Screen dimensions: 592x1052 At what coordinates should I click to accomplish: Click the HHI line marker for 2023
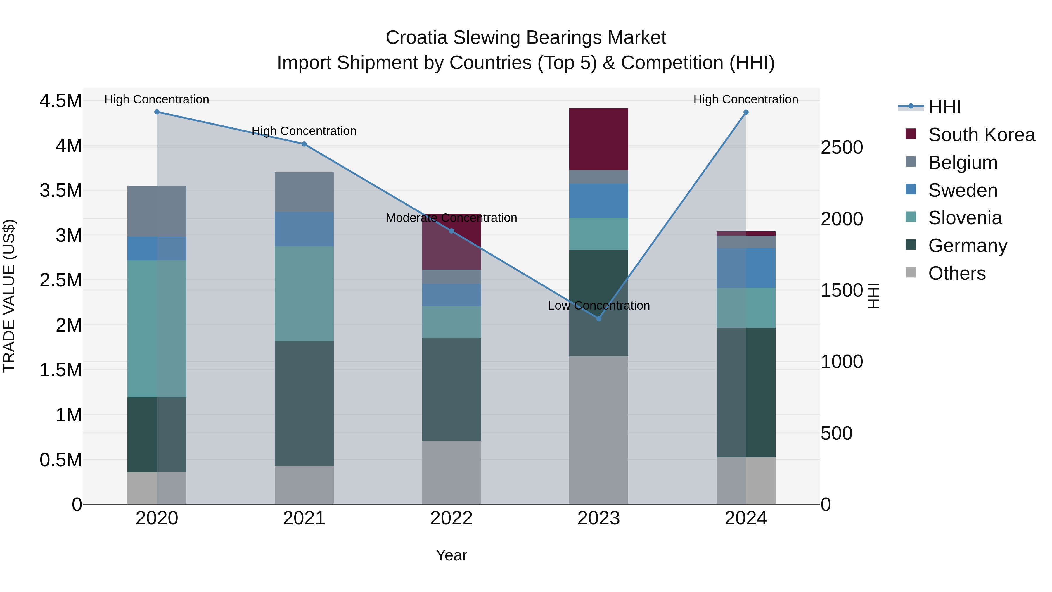pos(599,318)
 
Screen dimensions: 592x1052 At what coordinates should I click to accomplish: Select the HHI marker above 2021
pos(304,144)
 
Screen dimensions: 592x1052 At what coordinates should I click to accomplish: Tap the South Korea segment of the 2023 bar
pos(599,139)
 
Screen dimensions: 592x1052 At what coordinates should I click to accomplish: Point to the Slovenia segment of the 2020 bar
pos(157,329)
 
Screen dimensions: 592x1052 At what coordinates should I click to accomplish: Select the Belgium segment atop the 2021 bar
pos(304,192)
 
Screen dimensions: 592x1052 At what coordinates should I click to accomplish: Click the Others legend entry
pos(956,273)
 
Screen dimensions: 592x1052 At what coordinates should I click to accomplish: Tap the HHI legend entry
pos(944,107)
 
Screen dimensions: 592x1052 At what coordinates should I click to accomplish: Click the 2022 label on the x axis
pos(451,518)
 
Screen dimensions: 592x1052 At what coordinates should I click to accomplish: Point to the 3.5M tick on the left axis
pos(60,190)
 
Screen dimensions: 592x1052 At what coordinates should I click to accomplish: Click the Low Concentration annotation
pos(599,305)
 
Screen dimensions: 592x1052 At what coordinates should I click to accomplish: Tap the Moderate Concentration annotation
pos(451,218)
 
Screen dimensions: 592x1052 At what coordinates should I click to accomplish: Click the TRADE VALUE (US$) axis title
pos(9,296)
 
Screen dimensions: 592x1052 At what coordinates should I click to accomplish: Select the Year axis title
pos(451,555)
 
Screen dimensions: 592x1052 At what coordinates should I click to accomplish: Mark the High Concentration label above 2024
pos(746,99)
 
